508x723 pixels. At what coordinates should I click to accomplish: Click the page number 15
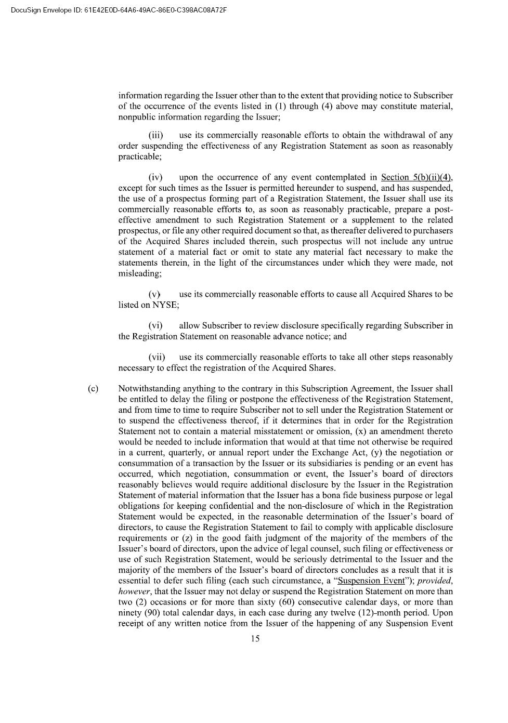pos(255,639)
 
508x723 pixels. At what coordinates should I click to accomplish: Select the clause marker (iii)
pos(155,135)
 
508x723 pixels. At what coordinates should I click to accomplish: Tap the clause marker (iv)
pos(155,177)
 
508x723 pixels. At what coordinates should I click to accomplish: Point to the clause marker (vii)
pos(157,357)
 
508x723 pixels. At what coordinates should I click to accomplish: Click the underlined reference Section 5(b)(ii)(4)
pos(416,177)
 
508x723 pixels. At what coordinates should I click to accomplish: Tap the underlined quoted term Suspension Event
pos(371,581)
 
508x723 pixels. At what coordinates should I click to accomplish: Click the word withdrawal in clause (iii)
pos(398,135)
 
